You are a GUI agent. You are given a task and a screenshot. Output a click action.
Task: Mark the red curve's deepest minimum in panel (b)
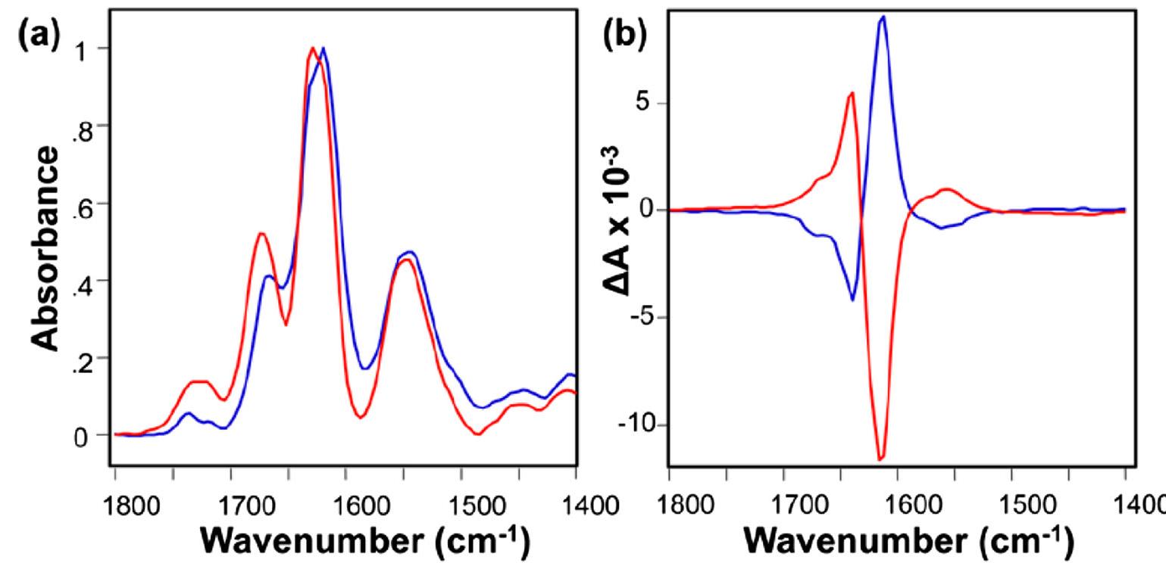(x=880, y=459)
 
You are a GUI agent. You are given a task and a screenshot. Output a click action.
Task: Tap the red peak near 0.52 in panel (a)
(x=261, y=234)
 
